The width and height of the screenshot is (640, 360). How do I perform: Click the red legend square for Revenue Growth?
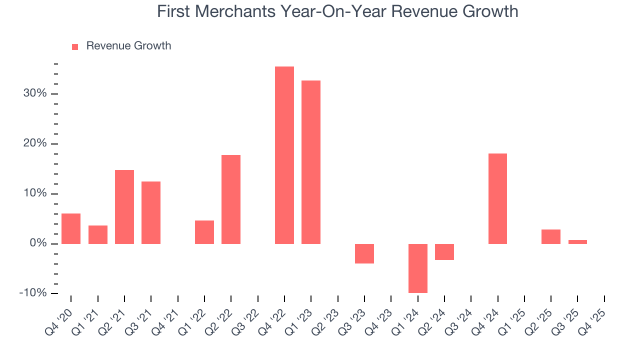(x=75, y=46)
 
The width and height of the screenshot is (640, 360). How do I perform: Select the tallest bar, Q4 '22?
(x=284, y=155)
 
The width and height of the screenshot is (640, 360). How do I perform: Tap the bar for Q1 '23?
(x=311, y=162)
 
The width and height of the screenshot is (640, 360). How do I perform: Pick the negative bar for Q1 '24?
(x=417, y=268)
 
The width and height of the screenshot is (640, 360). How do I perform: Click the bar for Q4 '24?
(x=497, y=198)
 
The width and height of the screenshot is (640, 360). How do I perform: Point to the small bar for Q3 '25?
(x=577, y=242)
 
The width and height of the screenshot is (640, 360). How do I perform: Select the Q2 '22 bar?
(x=231, y=199)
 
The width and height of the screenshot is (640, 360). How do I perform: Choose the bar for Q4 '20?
(x=71, y=228)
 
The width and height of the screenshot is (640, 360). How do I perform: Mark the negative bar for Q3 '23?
(x=364, y=253)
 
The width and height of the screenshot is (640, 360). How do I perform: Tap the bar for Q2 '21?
(x=124, y=206)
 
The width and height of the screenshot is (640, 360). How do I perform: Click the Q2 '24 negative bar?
(x=444, y=252)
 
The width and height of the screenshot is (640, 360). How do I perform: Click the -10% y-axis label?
(x=33, y=293)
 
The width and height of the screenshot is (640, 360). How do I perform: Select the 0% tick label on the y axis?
(x=39, y=243)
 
